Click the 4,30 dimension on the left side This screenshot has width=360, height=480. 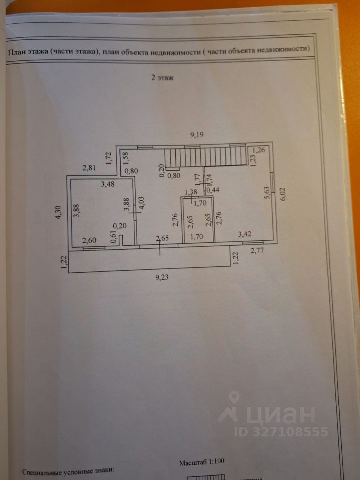pyautogui.click(x=58, y=213)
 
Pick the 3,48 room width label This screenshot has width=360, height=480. pyautogui.click(x=107, y=185)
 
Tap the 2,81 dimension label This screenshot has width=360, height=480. pyautogui.click(x=89, y=168)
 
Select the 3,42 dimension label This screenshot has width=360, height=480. pyautogui.click(x=245, y=233)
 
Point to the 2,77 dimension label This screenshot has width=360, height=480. pyautogui.click(x=257, y=250)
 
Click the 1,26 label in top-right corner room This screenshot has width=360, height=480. pyautogui.click(x=259, y=149)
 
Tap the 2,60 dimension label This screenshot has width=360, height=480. pyautogui.click(x=89, y=241)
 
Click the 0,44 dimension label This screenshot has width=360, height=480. pyautogui.click(x=213, y=190)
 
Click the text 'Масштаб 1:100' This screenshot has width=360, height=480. pyautogui.click(x=202, y=463)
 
